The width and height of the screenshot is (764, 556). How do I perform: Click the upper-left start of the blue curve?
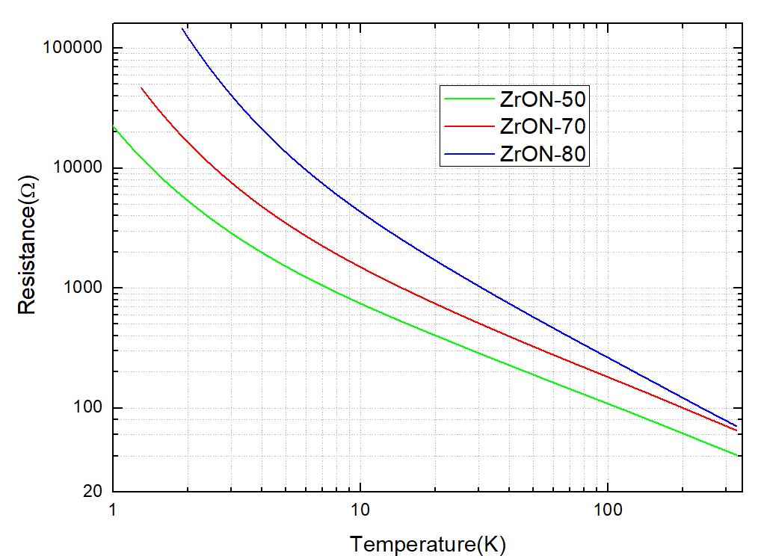click(182, 28)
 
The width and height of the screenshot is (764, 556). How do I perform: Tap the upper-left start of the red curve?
click(142, 87)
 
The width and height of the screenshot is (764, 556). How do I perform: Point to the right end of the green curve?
click(737, 455)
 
